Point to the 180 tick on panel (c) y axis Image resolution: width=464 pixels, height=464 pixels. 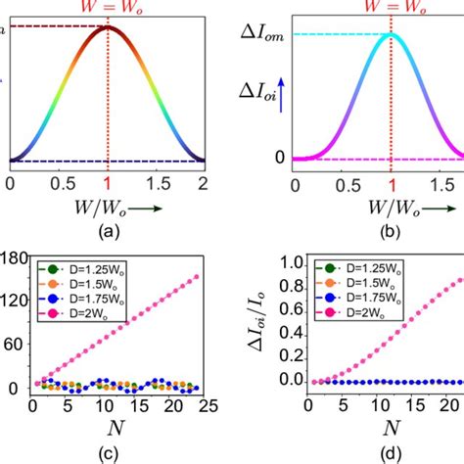13,258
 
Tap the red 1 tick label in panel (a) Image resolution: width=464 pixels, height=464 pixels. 108,182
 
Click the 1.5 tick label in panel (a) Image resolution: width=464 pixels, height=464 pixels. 157,182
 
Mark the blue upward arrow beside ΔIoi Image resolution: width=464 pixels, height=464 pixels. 295,91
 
